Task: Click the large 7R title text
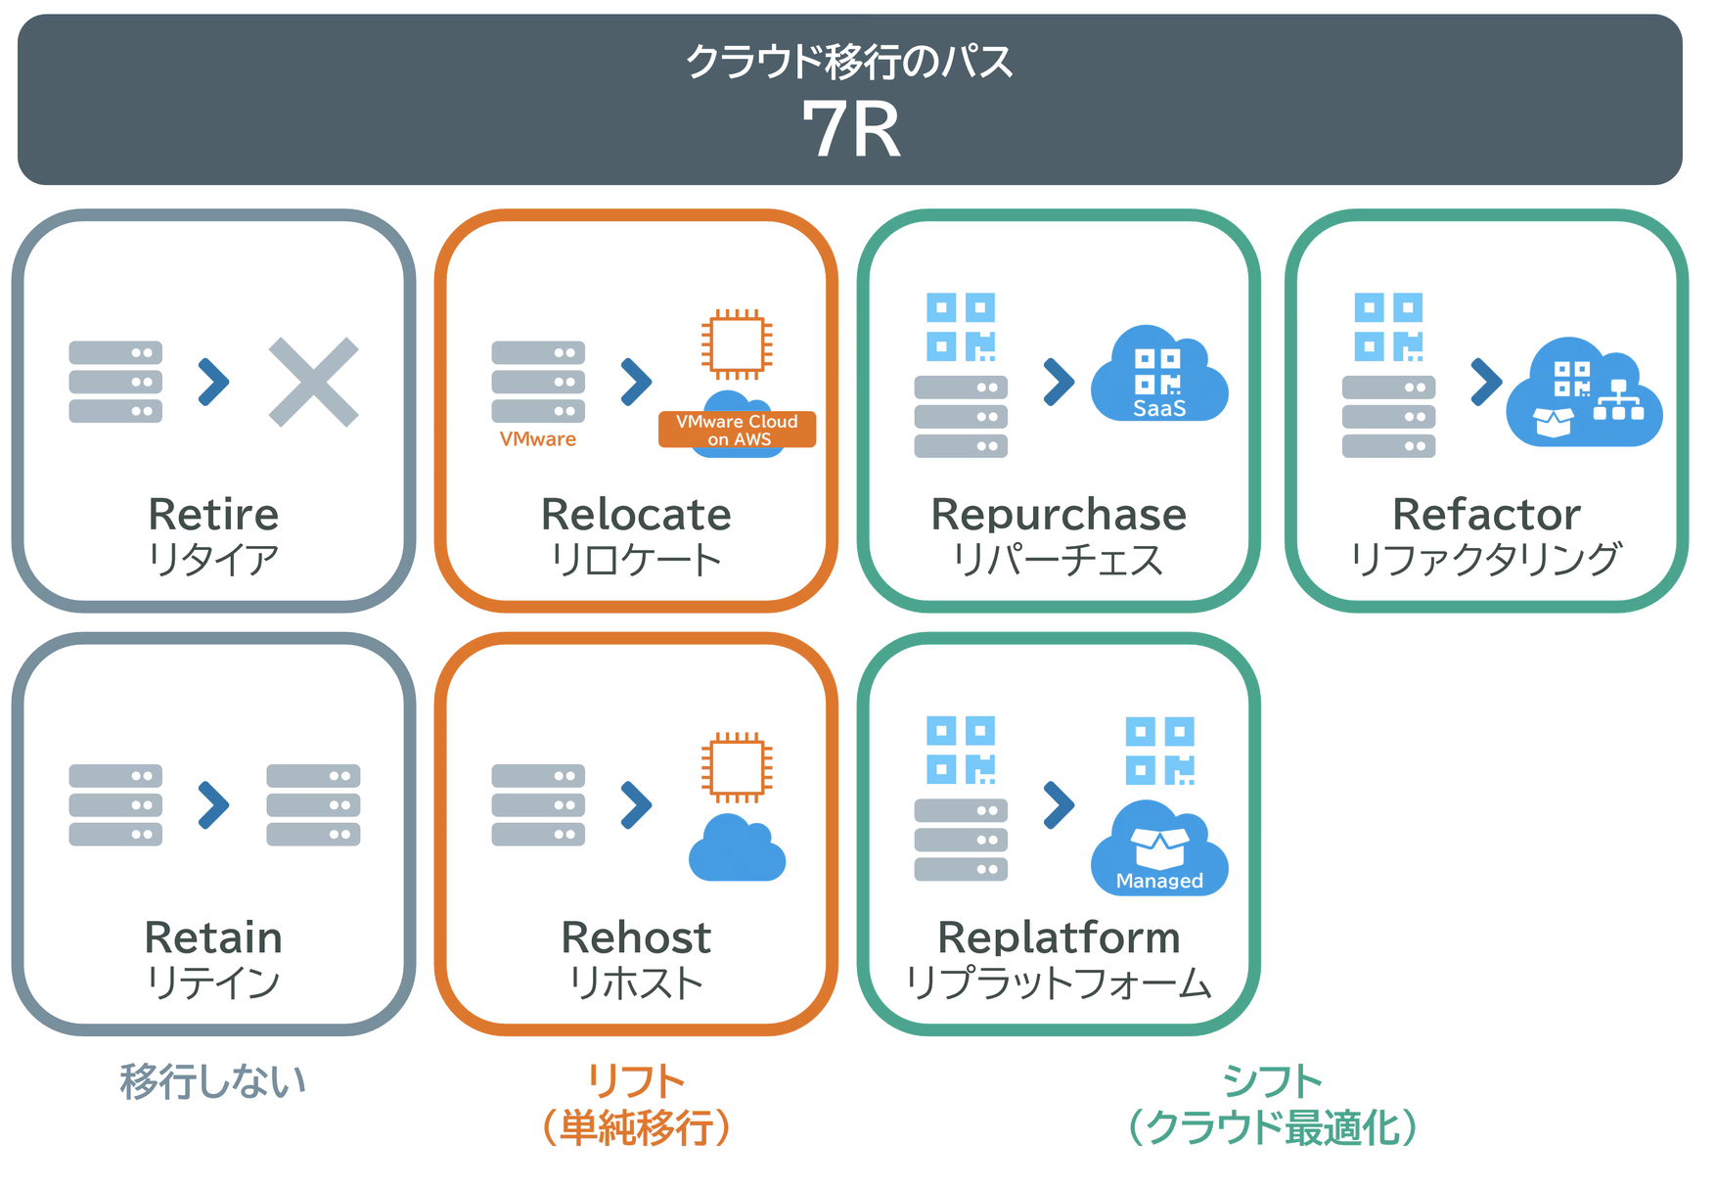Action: (850, 130)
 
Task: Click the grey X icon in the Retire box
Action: (313, 383)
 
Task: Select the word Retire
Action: (213, 515)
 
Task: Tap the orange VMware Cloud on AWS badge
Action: (737, 430)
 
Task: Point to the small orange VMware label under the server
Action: (537, 439)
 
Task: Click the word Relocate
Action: (636, 515)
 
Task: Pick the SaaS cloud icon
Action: (1159, 378)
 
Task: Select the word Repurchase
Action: (1059, 515)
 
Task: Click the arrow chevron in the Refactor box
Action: (1485, 382)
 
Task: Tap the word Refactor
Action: (1485, 515)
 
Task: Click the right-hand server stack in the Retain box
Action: (313, 804)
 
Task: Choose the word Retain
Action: (213, 937)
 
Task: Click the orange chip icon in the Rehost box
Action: (737, 767)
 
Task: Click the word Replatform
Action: (1059, 937)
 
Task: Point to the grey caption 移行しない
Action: (213, 1082)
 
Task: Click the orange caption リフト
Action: (636, 1082)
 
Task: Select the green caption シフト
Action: (1272, 1082)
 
